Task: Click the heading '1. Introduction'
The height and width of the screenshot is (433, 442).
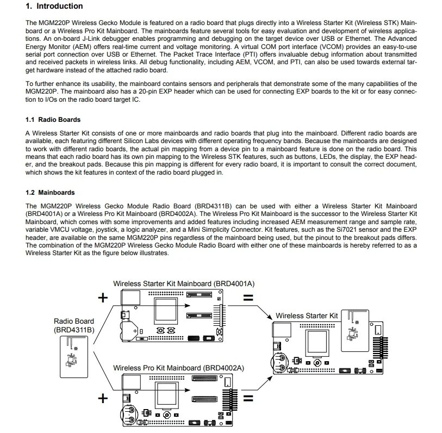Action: click(x=54, y=7)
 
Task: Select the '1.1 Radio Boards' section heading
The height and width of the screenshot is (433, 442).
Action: click(x=53, y=120)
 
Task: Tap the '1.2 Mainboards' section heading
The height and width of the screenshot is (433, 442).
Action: click(x=50, y=193)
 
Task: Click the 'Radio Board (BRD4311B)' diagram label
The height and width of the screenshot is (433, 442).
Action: click(x=74, y=325)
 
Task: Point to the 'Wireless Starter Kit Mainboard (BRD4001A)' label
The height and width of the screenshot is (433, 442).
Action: click(x=184, y=284)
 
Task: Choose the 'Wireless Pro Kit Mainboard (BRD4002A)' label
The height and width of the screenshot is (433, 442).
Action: click(x=178, y=368)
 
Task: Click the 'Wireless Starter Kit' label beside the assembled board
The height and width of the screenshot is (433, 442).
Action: click(x=307, y=316)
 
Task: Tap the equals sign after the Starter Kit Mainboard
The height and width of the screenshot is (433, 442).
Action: click(x=248, y=298)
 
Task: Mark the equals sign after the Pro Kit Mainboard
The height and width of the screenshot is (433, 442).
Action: click(x=248, y=398)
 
